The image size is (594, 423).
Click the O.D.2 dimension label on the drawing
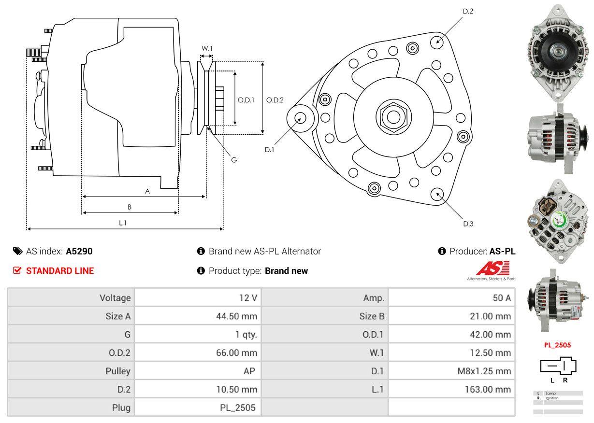[275, 100]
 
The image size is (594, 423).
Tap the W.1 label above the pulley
[207, 48]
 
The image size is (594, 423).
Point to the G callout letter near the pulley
[234, 159]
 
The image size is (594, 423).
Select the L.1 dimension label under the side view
[123, 223]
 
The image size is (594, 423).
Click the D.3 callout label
[468, 224]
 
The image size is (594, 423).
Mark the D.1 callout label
[269, 150]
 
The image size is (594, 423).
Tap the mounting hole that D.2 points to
[438, 41]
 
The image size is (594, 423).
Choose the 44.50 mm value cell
[236, 316]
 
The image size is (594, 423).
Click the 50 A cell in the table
[501, 298]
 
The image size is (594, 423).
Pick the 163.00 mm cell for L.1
[488, 389]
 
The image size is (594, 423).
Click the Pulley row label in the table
[118, 371]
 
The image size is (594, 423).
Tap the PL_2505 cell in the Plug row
[237, 408]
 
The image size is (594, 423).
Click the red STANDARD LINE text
[60, 271]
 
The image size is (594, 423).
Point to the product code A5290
[79, 251]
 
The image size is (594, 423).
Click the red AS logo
[492, 268]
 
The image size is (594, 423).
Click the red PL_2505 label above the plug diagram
[558, 345]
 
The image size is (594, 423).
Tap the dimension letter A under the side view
[147, 191]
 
